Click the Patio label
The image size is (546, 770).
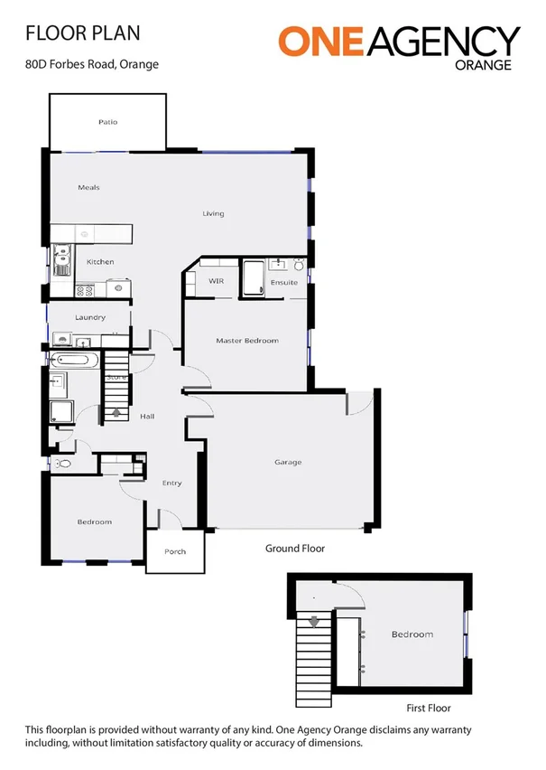pyautogui.click(x=107, y=121)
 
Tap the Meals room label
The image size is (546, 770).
pyautogui.click(x=88, y=187)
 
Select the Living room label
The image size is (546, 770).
pyautogui.click(x=213, y=213)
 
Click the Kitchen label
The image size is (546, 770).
pyautogui.click(x=100, y=262)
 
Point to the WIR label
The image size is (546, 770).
pyautogui.click(x=217, y=282)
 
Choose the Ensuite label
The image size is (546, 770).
pyautogui.click(x=284, y=283)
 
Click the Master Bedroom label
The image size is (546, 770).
pyautogui.click(x=246, y=341)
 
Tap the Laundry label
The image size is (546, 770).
pyautogui.click(x=90, y=317)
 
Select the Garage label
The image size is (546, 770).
pyautogui.click(x=288, y=462)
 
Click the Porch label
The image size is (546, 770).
pyautogui.click(x=175, y=551)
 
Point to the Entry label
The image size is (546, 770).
pyautogui.click(x=171, y=483)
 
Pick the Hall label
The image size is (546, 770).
pyautogui.click(x=148, y=417)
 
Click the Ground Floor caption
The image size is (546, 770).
pyautogui.click(x=294, y=548)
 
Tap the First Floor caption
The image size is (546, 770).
pyautogui.click(x=428, y=708)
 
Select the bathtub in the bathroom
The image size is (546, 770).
pyautogui.click(x=76, y=360)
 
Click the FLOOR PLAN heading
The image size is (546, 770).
pyautogui.click(x=83, y=33)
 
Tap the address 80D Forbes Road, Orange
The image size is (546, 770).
pyautogui.click(x=92, y=64)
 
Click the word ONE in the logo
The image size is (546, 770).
pyautogui.click(x=322, y=41)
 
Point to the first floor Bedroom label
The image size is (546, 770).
pyautogui.click(x=412, y=634)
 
